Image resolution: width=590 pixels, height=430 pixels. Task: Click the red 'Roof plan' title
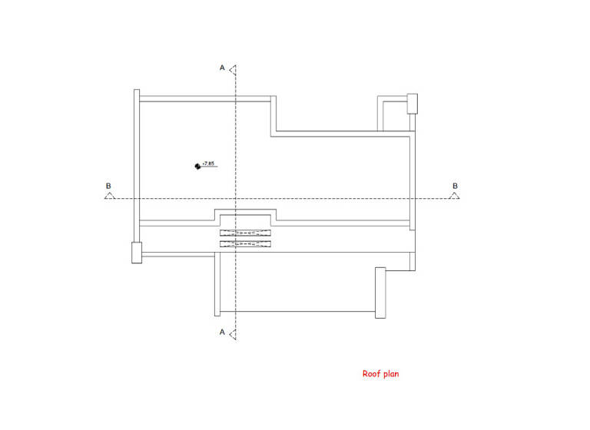380,374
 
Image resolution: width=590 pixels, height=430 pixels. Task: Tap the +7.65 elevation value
208,163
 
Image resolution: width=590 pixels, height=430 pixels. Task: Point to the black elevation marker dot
197,165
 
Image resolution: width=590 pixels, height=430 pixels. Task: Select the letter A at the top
222,68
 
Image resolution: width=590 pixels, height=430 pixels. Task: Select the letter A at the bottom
222,332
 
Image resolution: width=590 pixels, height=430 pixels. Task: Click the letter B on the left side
108,186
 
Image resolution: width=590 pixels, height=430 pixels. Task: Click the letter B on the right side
455,186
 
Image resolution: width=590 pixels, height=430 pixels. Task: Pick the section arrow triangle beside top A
233,69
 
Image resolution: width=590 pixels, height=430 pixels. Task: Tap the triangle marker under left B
109,196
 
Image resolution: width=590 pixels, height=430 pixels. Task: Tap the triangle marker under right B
454,196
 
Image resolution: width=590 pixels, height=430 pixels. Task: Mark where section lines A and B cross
236,198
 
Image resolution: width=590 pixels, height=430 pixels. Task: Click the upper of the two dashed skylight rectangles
245,232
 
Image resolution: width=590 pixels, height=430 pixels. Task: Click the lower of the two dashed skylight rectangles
245,244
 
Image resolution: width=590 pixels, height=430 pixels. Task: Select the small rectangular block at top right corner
412,102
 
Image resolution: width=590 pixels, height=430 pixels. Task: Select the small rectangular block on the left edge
137,252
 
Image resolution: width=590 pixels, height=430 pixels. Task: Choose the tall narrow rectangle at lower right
380,292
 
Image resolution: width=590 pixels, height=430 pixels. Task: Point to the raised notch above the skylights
245,214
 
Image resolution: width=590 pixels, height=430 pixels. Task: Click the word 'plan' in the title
391,374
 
